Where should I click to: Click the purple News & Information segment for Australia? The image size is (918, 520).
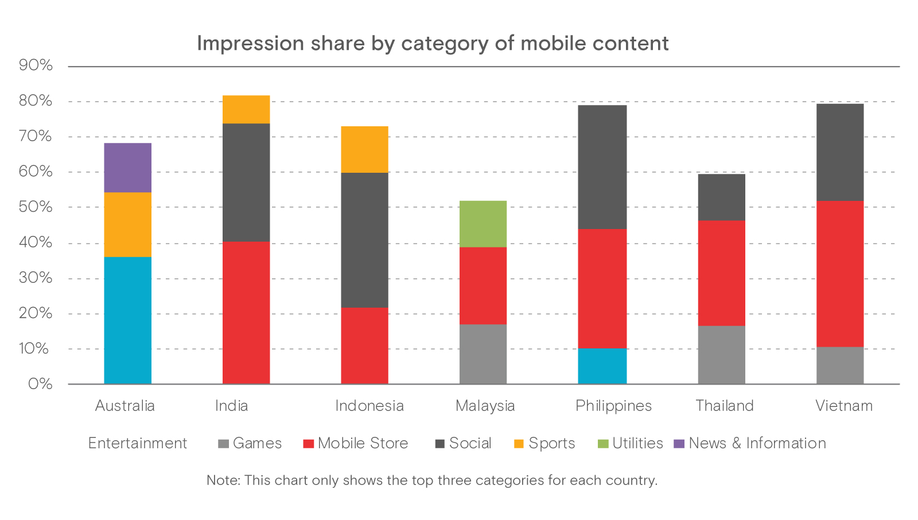[127, 168]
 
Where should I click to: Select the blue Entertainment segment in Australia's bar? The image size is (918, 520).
[127, 320]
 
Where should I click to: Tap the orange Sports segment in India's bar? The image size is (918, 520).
[246, 110]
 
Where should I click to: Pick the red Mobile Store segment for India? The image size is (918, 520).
[246, 313]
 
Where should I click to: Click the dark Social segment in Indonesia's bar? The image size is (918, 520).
[364, 240]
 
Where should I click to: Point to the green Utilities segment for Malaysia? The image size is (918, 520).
[483, 224]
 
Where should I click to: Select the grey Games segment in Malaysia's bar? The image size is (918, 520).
[483, 354]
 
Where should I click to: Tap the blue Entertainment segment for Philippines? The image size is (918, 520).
[602, 366]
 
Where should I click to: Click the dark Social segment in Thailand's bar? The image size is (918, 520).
[721, 197]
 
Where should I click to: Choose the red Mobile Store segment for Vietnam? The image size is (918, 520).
[839, 274]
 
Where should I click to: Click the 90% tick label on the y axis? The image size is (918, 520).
[36, 65]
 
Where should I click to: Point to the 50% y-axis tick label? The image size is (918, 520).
[36, 207]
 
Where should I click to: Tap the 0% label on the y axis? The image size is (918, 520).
[40, 384]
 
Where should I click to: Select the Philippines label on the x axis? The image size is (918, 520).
[613, 406]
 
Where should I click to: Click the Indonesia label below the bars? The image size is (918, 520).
[369, 406]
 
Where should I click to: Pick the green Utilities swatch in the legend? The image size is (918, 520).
[603, 444]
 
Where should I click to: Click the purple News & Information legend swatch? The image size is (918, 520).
[679, 444]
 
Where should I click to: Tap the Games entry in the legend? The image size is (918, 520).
[257, 443]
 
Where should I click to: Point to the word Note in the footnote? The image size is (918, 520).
[223, 480]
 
